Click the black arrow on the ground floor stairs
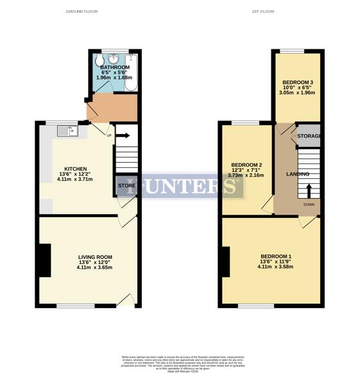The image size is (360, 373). (123, 135)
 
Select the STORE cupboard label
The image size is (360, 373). (126, 187)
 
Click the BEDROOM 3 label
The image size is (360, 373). (298, 83)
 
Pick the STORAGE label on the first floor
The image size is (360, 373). (309, 136)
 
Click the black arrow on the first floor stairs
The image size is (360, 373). (309, 191)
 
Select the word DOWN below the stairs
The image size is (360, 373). (309, 205)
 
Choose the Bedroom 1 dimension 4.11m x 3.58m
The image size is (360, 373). (277, 267)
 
